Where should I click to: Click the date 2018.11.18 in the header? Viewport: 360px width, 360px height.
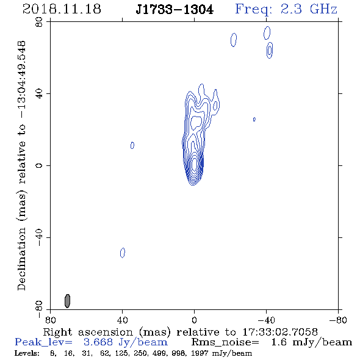[62, 9]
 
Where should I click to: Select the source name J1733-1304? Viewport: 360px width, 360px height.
[175, 10]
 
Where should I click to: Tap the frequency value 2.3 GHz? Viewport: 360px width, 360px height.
[309, 9]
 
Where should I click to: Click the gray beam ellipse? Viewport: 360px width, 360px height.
[67, 301]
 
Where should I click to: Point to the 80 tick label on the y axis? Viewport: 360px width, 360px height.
[39, 22]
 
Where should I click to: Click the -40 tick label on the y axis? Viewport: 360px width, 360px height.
[39, 237]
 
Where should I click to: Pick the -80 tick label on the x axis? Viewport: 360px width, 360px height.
[338, 320]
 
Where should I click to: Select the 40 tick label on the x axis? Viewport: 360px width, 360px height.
[122, 320]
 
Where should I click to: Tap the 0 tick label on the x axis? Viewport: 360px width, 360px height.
[194, 320]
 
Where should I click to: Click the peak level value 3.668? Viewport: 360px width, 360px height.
[98, 342]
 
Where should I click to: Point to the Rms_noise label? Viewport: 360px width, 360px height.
[225, 342]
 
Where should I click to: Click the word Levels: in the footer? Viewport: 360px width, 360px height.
[27, 353]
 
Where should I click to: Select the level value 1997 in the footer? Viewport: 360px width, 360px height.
[201, 353]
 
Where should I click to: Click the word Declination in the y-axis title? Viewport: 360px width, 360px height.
[21, 259]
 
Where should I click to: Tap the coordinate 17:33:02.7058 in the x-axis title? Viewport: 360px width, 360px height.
[280, 332]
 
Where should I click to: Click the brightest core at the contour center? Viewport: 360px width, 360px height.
[194, 164]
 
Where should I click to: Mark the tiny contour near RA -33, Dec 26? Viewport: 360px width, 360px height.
[254, 119]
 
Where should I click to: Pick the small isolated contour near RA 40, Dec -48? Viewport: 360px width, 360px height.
[123, 253]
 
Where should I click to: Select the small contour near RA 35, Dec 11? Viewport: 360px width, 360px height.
[132, 145]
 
